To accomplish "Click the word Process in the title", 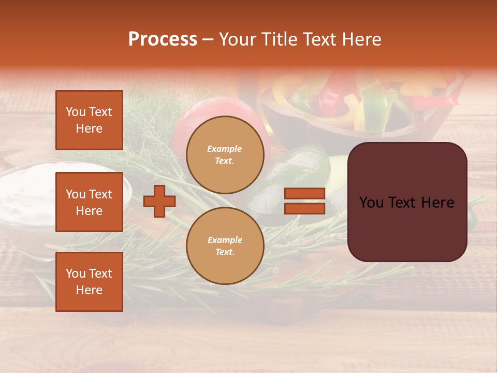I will pos(163,39).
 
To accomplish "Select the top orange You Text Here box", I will pos(89,121).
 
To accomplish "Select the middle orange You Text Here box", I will pos(89,202).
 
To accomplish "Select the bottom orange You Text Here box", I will pos(89,282).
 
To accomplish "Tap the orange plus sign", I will pos(159,201).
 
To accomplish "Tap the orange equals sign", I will pos(304,201).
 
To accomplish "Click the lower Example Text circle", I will pos(225,246).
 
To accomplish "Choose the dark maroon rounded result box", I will pos(407,202).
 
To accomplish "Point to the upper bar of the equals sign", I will pos(304,194).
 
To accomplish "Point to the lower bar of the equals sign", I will pos(304,208).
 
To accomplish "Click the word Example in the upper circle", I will pos(225,149).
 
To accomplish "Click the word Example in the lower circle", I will pos(225,240).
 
